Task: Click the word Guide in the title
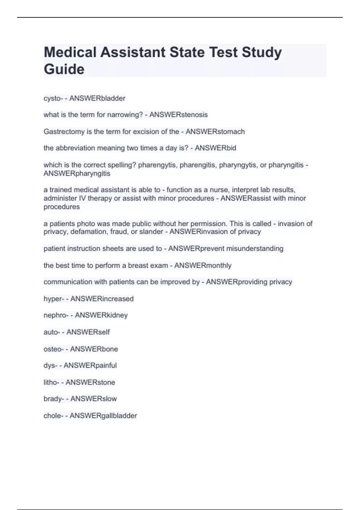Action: pyautogui.click(x=64, y=69)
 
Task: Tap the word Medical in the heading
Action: pyautogui.click(x=70, y=52)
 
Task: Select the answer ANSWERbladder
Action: pyautogui.click(x=97, y=98)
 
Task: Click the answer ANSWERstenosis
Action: pyautogui.click(x=178, y=115)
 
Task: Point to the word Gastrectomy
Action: pyautogui.click(x=62, y=132)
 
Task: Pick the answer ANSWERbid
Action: pyautogui.click(x=215, y=148)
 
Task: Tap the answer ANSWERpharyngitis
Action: pyautogui.click(x=77, y=173)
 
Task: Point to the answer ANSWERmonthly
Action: pyautogui.click(x=203, y=265)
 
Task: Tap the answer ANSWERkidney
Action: pyautogui.click(x=101, y=315)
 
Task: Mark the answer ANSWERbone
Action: pyautogui.click(x=94, y=349)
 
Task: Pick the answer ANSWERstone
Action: pyautogui.click(x=90, y=382)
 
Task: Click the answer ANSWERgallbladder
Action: pyautogui.click(x=103, y=415)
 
